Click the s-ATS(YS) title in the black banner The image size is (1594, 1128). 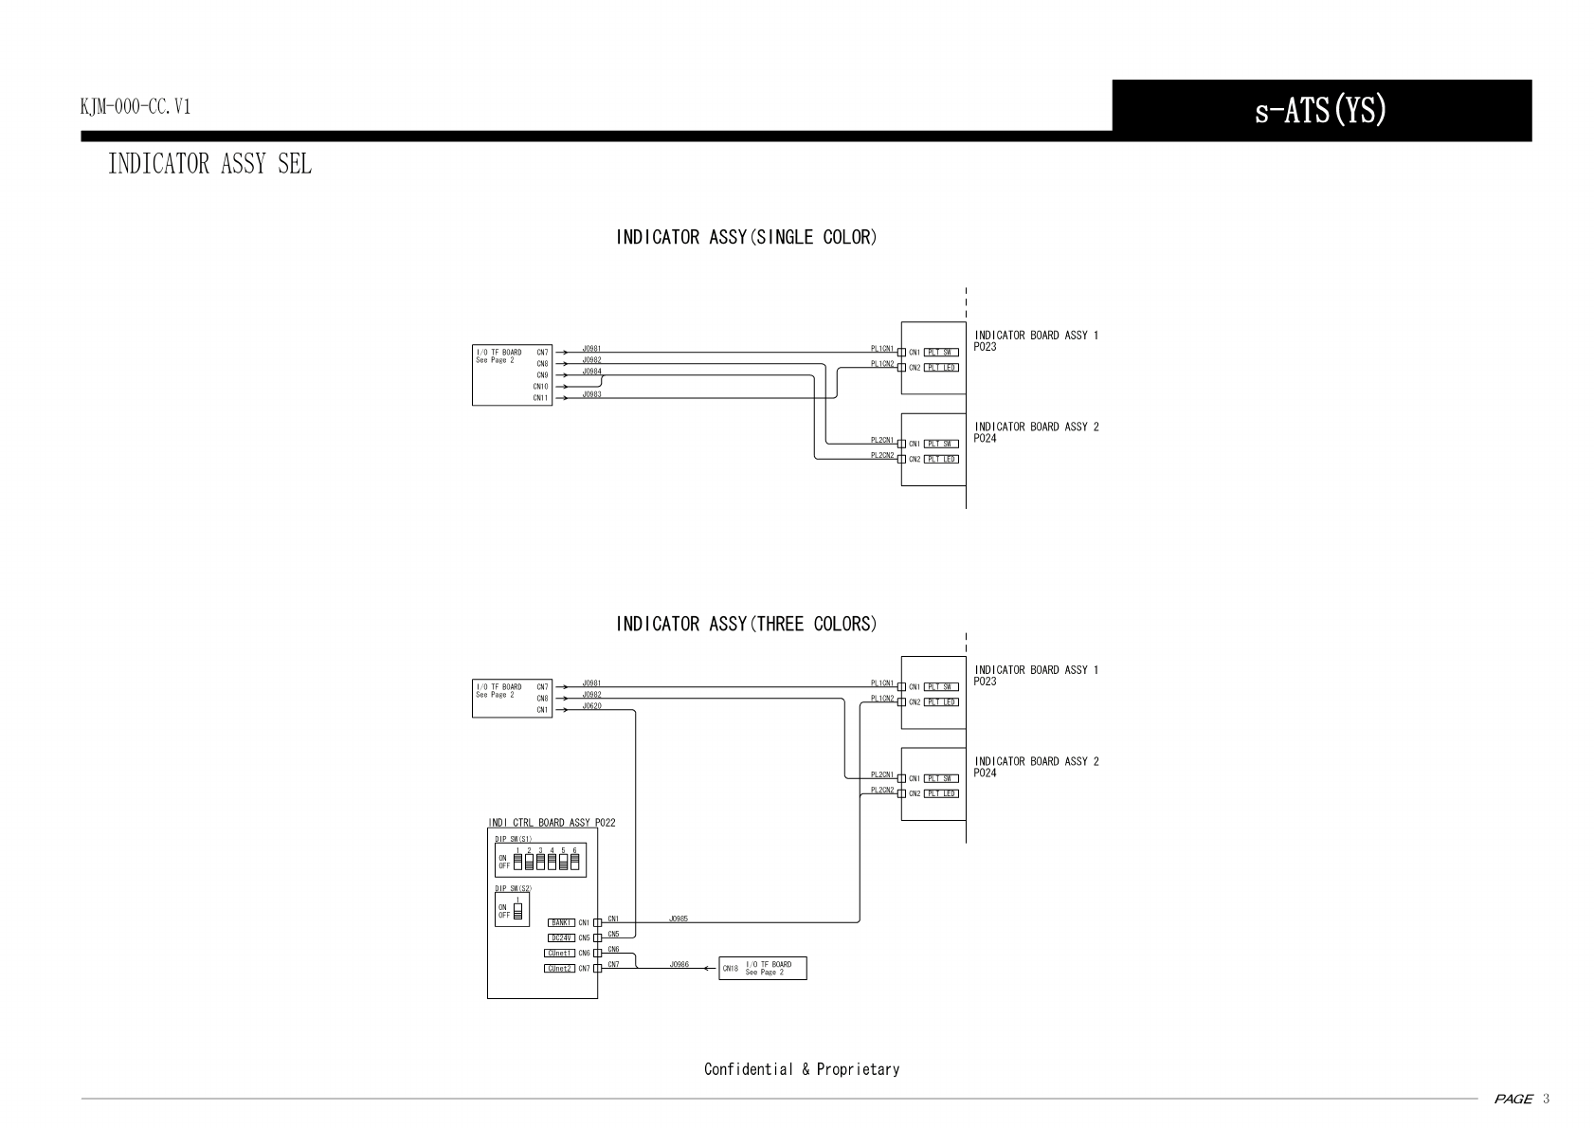[1320, 111]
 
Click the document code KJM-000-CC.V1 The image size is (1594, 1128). [136, 106]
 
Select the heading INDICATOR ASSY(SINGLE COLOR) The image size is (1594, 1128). [746, 237]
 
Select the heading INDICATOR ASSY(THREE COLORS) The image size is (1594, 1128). [746, 624]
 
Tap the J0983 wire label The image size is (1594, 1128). [591, 394]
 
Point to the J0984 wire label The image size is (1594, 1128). [591, 372]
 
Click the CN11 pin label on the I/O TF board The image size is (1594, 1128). [540, 398]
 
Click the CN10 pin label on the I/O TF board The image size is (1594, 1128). [540, 387]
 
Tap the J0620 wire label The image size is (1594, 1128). [591, 706]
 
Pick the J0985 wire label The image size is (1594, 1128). [679, 919]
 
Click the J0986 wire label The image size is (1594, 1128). [679, 964]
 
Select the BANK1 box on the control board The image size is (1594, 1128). [561, 922]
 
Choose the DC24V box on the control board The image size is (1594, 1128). [561, 937]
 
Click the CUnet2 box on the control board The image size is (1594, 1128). [559, 968]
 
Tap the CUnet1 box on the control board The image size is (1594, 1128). [559, 953]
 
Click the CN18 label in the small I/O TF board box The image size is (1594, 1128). [730, 969]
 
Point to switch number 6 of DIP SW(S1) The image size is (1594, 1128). [574, 862]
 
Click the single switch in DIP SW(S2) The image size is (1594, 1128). [517, 910]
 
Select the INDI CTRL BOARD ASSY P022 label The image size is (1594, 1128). [552, 823]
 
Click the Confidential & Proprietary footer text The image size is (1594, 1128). [802, 1069]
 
